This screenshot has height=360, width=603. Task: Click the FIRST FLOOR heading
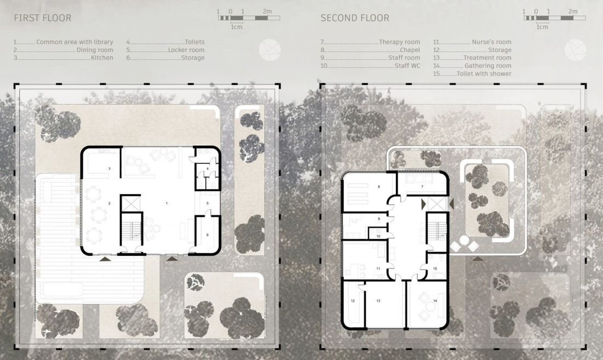coord(42,18)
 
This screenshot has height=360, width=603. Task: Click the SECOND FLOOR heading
coord(355,18)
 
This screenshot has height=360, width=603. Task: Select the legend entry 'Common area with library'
coord(75,42)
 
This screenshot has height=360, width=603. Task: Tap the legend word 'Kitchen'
coord(102,58)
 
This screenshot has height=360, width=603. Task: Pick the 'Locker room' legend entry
coord(186,50)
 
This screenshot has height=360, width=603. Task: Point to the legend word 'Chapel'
coord(410,50)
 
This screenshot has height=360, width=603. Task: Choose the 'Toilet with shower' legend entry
coord(484,74)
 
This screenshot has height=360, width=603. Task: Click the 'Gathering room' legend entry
coord(488,66)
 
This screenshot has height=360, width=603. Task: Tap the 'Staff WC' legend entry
coord(407,66)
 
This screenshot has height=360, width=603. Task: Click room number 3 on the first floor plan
coord(110,169)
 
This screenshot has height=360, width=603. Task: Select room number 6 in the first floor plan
coord(207,235)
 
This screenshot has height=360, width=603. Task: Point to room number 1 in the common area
coord(167,203)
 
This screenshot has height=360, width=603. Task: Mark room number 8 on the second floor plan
coord(379,187)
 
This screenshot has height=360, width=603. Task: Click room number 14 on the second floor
coord(435,301)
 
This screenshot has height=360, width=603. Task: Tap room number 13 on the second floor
coord(378,301)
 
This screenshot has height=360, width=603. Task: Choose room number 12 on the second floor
coord(352,301)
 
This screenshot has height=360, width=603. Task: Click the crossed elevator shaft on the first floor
coord(131,203)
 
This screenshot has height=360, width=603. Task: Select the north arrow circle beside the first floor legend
coord(270,50)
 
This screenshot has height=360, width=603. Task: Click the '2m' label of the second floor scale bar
coord(573,12)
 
